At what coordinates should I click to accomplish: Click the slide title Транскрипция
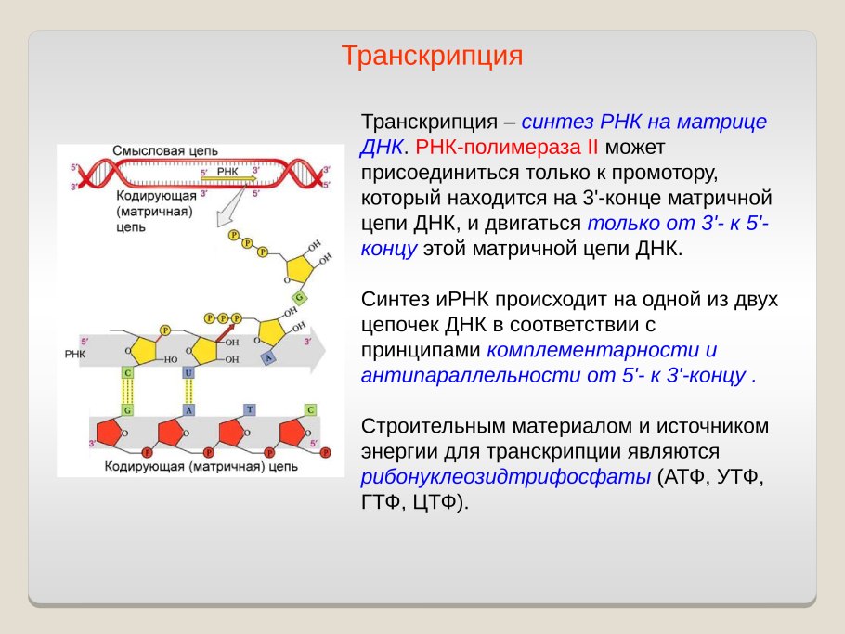(432, 56)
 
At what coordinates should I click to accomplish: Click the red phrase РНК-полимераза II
(509, 147)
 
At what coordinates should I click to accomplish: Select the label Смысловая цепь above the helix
(164, 151)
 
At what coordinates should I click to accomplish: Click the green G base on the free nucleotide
(299, 297)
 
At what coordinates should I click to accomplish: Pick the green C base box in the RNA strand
(127, 372)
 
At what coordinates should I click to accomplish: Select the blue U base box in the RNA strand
(189, 372)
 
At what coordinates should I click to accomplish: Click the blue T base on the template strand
(250, 409)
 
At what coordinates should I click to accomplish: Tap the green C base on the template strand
(311, 409)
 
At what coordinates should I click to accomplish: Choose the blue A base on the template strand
(189, 409)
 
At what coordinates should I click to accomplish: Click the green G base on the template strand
(127, 409)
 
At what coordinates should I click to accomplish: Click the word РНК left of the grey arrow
(75, 355)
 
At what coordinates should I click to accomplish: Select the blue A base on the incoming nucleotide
(268, 356)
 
